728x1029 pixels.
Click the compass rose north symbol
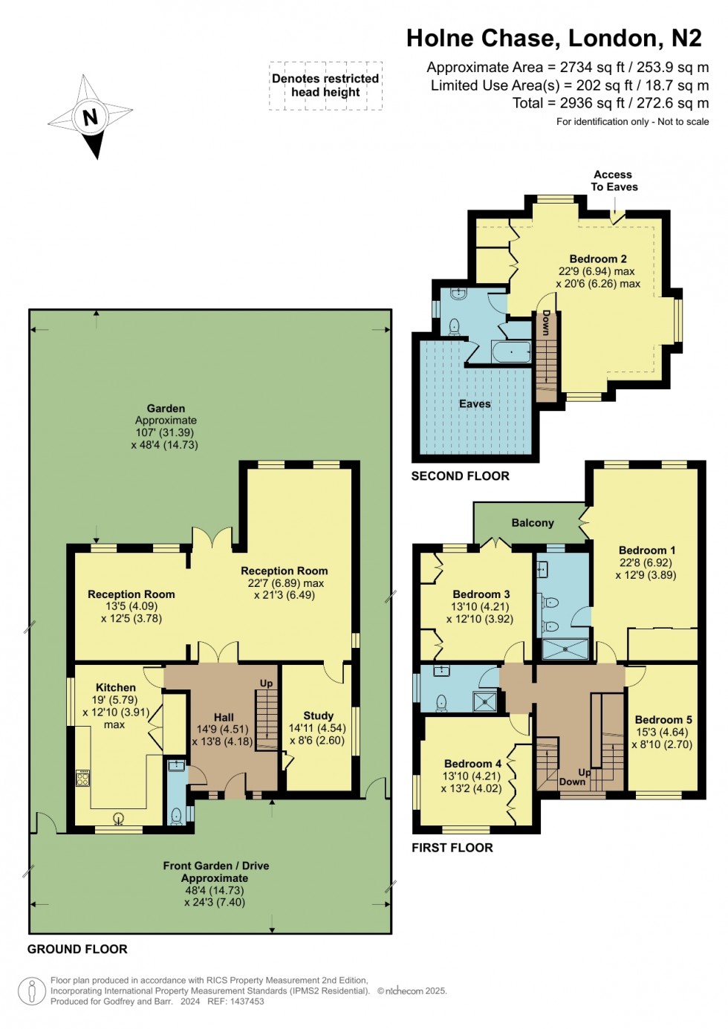click(x=91, y=117)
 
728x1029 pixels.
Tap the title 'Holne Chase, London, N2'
click(x=553, y=38)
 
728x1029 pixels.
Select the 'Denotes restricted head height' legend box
click(x=325, y=85)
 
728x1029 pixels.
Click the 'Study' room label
click(x=318, y=715)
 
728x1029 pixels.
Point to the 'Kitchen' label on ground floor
click(x=116, y=688)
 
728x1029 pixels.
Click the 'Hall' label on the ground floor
click(x=224, y=717)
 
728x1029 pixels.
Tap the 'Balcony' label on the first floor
click(x=533, y=523)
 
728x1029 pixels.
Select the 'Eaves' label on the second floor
click(x=475, y=404)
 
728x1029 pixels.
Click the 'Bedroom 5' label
click(x=663, y=719)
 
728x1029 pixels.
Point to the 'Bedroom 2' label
click(x=598, y=259)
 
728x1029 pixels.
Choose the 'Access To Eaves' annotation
click(x=614, y=181)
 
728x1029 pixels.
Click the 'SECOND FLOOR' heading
click(x=460, y=476)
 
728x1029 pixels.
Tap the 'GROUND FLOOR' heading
click(x=77, y=949)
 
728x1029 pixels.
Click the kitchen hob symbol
click(x=82, y=778)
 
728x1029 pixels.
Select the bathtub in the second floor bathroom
click(x=511, y=351)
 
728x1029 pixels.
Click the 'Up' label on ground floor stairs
click(x=266, y=684)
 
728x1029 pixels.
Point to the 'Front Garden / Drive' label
click(x=216, y=866)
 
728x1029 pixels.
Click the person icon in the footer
click(x=31, y=991)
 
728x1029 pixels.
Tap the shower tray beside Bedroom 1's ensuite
click(x=565, y=649)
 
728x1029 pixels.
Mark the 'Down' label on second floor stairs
click(x=546, y=323)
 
